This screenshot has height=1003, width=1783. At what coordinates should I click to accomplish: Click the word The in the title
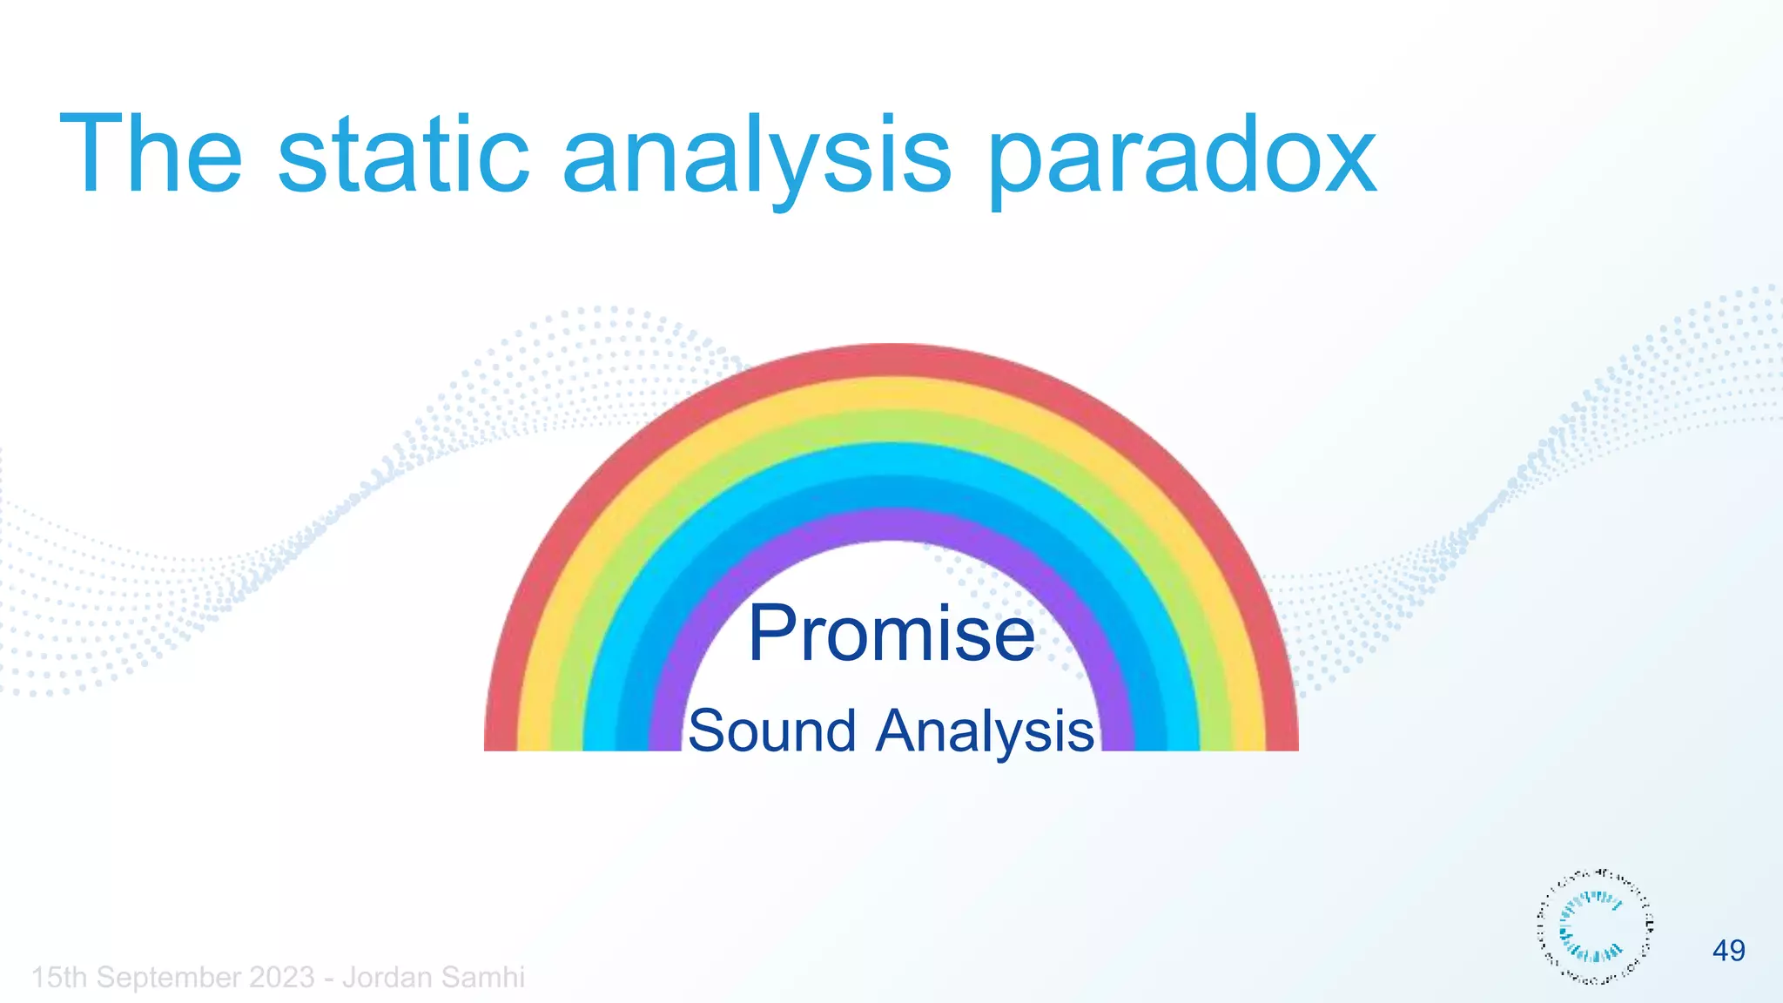[151, 156]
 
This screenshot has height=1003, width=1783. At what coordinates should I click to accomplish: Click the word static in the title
[403, 156]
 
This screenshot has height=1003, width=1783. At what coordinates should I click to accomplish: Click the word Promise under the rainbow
[891, 633]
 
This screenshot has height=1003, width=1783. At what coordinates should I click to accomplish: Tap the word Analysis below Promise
[985, 732]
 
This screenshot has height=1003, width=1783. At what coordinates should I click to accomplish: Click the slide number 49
[1728, 950]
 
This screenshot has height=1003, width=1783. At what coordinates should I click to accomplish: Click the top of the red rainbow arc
[891, 360]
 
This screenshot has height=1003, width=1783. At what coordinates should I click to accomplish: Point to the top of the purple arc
[891, 524]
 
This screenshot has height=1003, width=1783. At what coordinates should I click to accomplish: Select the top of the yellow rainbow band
[891, 393]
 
